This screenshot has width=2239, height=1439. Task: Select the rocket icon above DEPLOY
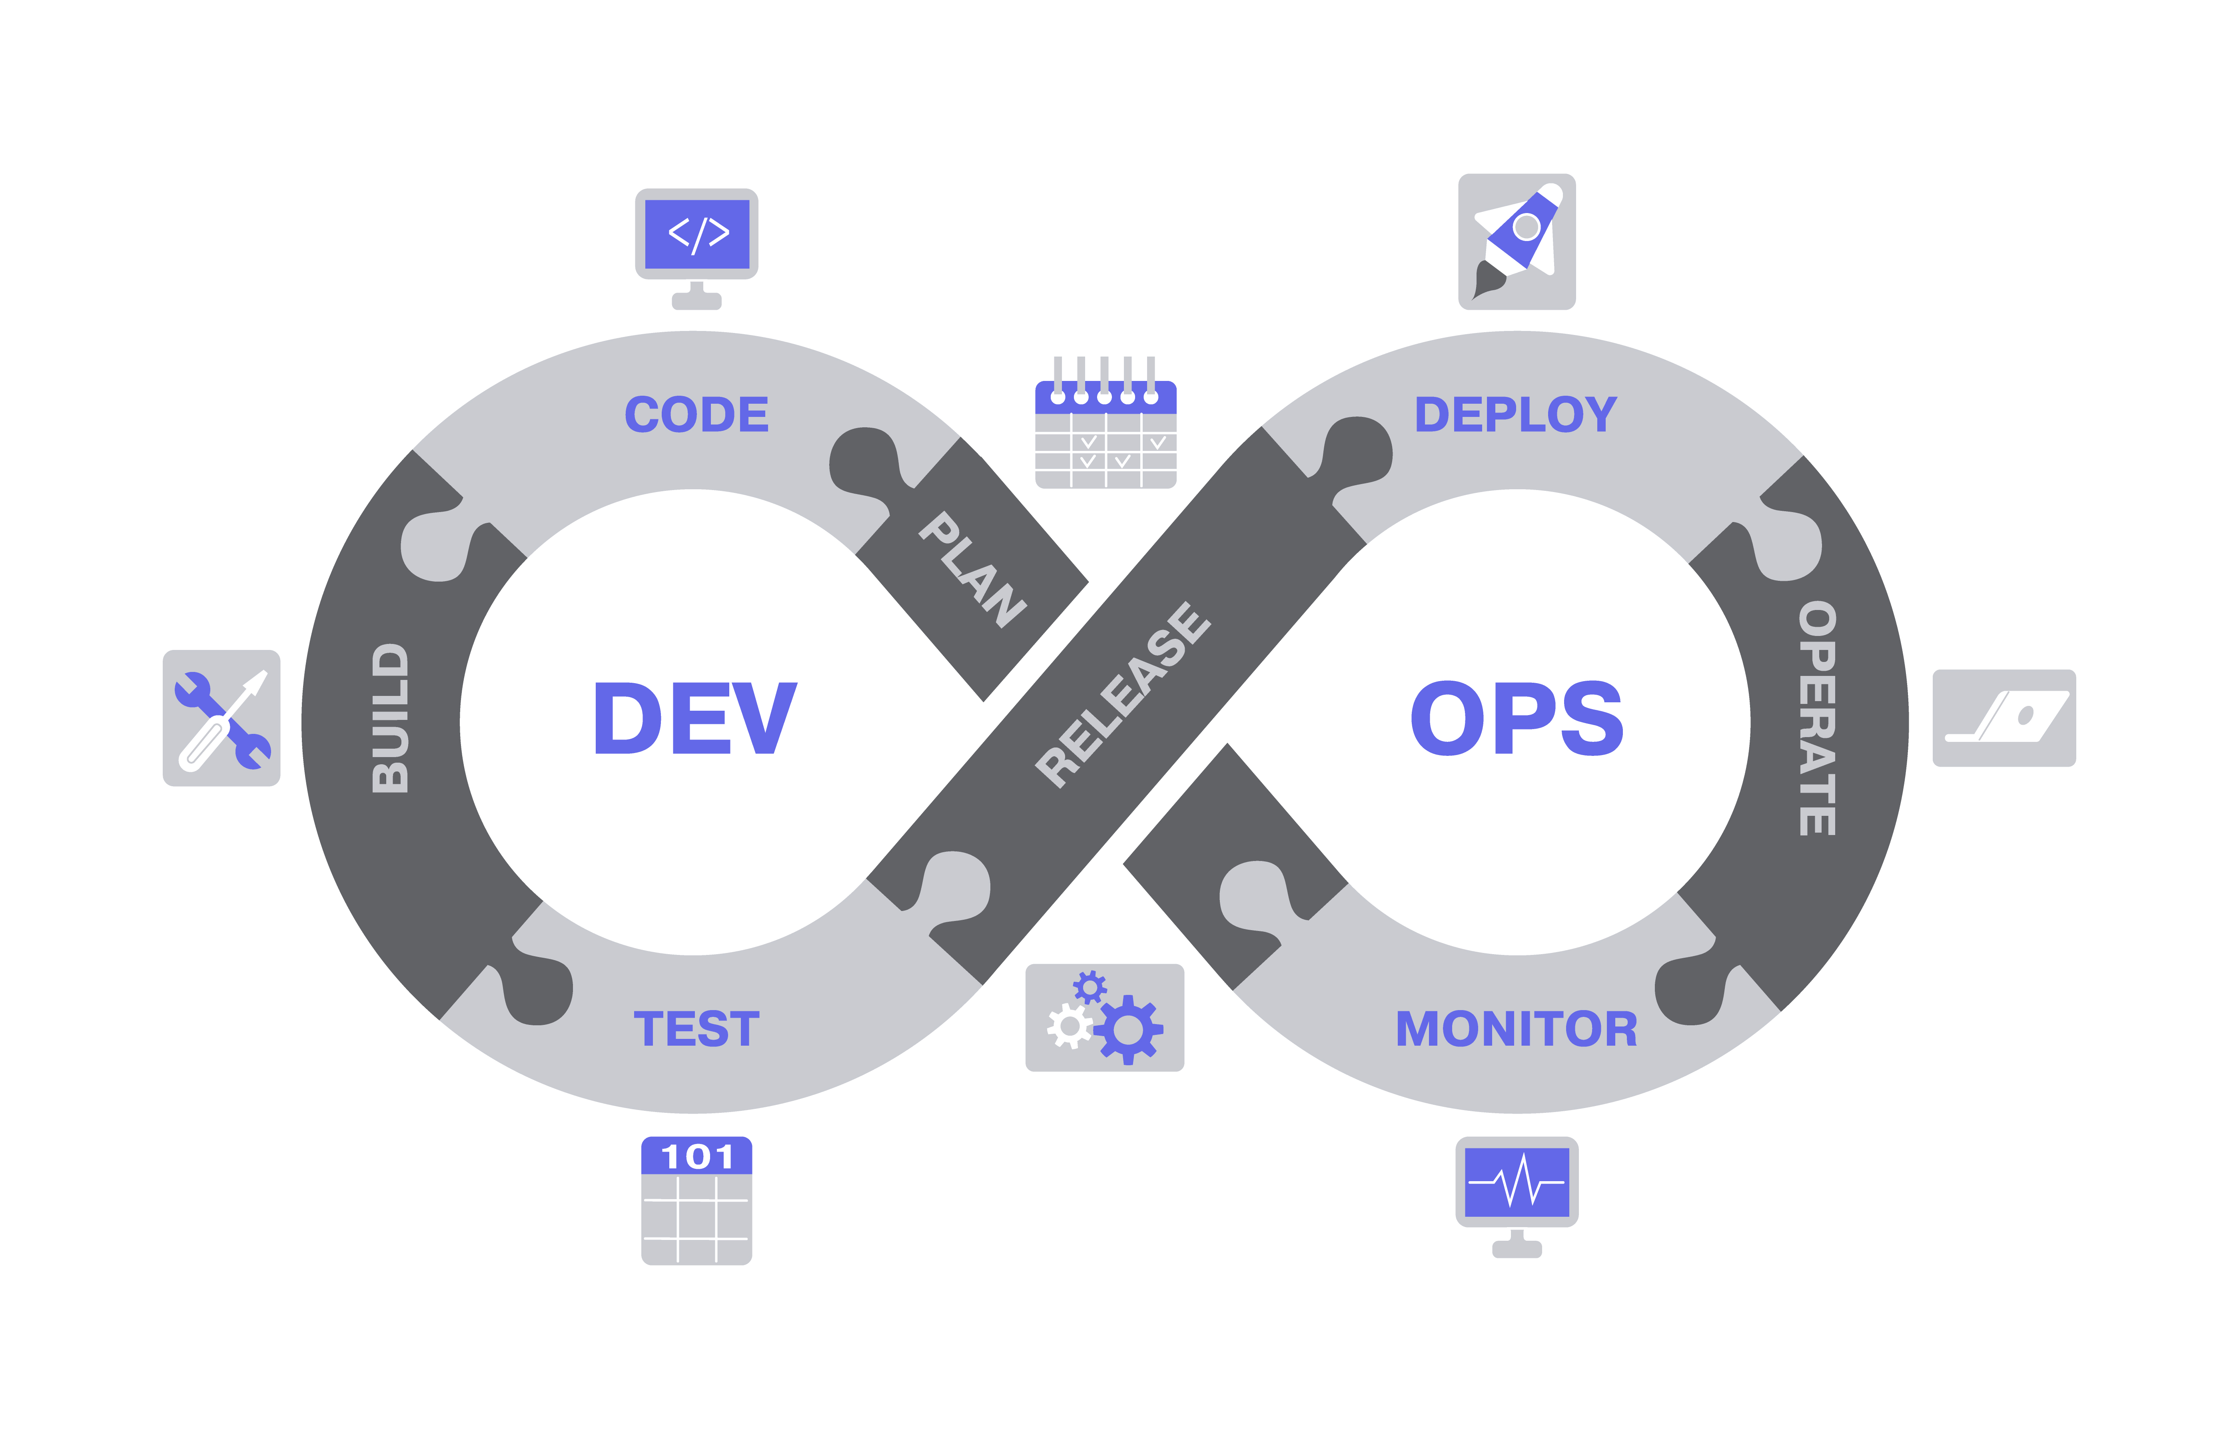[x=1516, y=241]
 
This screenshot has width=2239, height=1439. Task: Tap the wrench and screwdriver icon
[x=222, y=718]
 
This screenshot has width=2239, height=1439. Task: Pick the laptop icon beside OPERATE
[x=2004, y=718]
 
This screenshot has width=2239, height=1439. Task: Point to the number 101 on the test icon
[x=696, y=1157]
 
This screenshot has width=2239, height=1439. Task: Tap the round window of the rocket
[x=1526, y=226]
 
